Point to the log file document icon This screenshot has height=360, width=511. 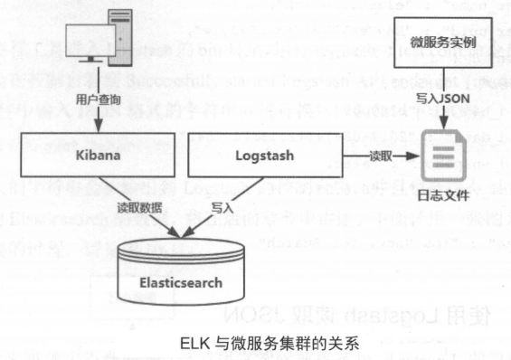click(443, 156)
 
